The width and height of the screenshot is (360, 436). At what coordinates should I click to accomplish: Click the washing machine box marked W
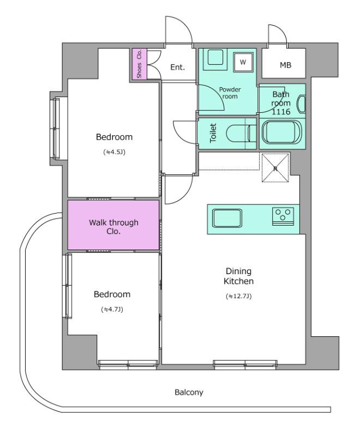click(x=243, y=62)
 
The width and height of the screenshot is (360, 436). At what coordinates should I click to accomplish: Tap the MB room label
click(x=285, y=65)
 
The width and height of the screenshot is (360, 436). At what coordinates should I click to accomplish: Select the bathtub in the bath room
click(x=282, y=133)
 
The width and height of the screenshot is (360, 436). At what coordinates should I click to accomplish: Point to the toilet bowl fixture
click(x=241, y=134)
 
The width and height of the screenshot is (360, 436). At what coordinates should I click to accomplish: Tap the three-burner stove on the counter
click(x=283, y=216)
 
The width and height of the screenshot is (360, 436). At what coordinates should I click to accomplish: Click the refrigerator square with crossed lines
click(x=275, y=168)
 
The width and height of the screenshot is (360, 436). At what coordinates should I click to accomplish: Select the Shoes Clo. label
click(x=139, y=64)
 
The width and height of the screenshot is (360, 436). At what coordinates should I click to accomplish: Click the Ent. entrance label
click(x=177, y=67)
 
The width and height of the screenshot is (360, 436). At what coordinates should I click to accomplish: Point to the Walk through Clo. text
click(x=113, y=227)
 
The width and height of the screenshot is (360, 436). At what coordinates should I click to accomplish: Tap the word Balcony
click(x=189, y=392)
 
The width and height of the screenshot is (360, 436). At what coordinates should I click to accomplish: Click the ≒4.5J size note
click(x=115, y=152)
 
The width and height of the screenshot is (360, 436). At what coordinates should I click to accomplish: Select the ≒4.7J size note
click(x=112, y=309)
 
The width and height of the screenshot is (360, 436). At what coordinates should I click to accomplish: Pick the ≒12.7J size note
click(x=239, y=296)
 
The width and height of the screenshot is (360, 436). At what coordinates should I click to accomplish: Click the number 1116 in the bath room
click(x=281, y=112)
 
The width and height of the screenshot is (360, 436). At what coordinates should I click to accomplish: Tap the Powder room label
click(x=230, y=93)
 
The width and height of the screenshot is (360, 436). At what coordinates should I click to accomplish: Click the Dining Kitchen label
click(x=239, y=276)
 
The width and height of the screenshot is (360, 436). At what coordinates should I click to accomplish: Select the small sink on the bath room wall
click(x=302, y=104)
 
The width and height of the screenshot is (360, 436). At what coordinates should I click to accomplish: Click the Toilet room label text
click(x=213, y=133)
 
